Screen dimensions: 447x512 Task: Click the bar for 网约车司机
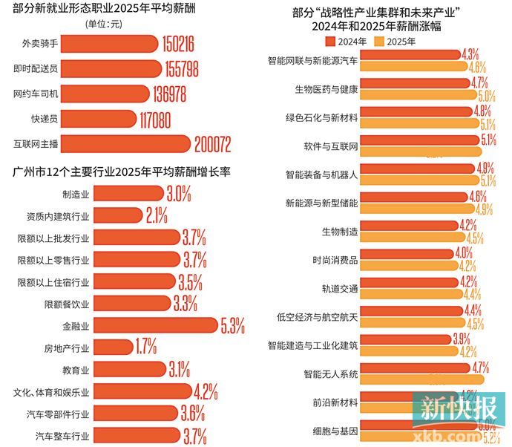111,94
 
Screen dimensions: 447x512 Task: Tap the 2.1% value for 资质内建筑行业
157,216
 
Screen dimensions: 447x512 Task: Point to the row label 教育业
76,369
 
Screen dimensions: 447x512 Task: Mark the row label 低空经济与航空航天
317,317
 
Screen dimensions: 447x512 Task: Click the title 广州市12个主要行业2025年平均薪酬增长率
122,172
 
